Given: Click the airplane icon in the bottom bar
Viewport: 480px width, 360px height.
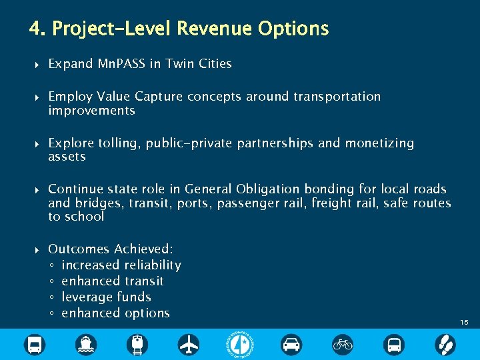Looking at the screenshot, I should (189, 344).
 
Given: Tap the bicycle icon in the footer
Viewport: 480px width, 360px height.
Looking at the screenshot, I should (343, 344).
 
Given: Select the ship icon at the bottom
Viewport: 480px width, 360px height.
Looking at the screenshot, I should (86, 344).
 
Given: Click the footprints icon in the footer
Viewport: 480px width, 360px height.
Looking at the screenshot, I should (445, 344).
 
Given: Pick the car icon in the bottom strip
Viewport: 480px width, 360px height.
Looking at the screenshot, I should (291, 344).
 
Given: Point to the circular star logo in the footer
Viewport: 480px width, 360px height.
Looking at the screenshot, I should (240, 344).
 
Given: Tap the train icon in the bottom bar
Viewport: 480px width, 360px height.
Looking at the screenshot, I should (137, 344).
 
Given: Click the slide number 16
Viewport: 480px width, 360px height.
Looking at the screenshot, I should (464, 322).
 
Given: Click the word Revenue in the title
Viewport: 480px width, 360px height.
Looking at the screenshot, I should (216, 29).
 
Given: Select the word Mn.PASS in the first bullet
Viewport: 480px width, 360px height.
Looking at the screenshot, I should (121, 64).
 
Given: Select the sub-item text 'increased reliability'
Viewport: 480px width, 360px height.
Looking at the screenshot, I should (121, 265).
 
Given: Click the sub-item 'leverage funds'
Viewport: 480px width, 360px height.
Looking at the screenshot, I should (106, 297).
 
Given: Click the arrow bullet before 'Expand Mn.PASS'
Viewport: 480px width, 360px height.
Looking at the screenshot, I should (37, 65).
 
